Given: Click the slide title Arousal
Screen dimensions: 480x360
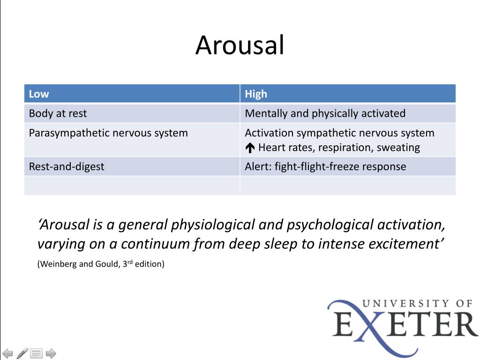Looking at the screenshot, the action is [x=240, y=45].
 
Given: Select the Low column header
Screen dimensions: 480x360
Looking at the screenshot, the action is [x=39, y=94].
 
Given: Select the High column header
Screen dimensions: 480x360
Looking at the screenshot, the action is [x=256, y=94].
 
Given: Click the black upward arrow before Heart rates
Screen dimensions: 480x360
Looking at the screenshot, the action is [x=250, y=148].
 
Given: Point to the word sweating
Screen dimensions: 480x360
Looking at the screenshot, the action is [x=398, y=148].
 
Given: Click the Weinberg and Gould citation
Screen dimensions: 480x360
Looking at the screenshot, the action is [x=101, y=263].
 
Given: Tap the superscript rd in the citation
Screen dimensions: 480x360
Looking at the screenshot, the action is [x=130, y=262].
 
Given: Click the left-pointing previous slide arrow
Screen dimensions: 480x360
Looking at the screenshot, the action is [x=7, y=353].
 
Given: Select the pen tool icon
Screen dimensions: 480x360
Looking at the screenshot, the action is [x=22, y=353].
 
